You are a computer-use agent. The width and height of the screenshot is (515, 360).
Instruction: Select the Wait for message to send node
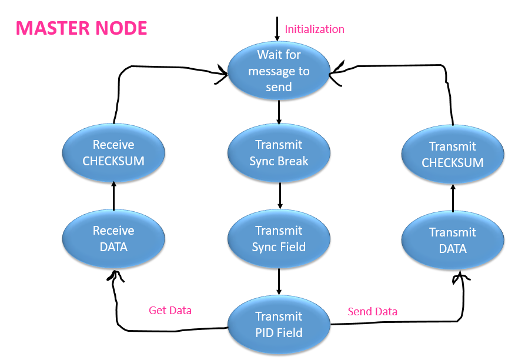tap(279, 70)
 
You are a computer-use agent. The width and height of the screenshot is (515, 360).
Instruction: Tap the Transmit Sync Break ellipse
tap(279, 153)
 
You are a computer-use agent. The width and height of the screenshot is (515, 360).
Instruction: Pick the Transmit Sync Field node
tap(279, 238)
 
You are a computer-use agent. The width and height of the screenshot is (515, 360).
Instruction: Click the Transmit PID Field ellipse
tap(279, 324)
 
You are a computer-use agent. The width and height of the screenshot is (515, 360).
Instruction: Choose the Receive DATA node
tap(113, 238)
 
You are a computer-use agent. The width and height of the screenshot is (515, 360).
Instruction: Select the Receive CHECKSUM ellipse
tap(113, 153)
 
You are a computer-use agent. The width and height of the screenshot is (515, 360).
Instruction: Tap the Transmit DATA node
tap(453, 240)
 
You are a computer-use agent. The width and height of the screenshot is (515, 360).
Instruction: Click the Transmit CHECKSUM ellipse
tap(453, 154)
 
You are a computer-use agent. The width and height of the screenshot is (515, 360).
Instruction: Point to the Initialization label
tap(315, 29)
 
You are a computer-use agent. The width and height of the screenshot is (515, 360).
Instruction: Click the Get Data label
tap(170, 310)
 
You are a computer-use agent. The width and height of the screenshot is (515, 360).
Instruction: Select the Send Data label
tap(372, 311)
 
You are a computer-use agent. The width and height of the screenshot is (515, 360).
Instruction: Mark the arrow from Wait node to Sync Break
tap(279, 111)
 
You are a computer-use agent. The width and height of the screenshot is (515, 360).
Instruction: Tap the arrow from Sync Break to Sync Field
tap(280, 195)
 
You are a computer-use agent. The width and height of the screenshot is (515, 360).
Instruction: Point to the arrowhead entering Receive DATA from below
tap(114, 275)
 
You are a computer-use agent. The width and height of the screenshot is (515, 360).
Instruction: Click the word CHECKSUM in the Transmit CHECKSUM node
tap(453, 162)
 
